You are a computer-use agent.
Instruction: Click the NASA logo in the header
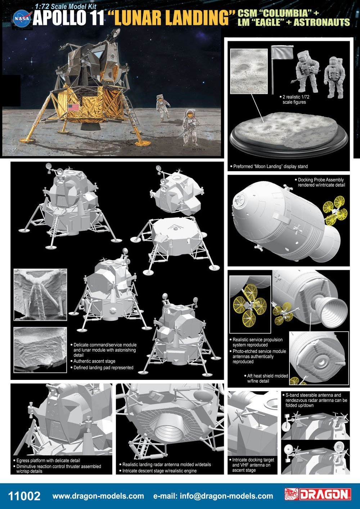coord(22,18)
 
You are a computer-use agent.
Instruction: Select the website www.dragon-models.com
coord(98,496)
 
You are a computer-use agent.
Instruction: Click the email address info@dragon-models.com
coord(213,496)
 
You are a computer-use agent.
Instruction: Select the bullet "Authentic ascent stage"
coord(94,361)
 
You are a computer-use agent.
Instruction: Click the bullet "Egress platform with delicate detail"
coord(48,460)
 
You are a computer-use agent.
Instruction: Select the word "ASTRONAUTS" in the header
coord(317,22)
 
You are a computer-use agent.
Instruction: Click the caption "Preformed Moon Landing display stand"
coord(270,167)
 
